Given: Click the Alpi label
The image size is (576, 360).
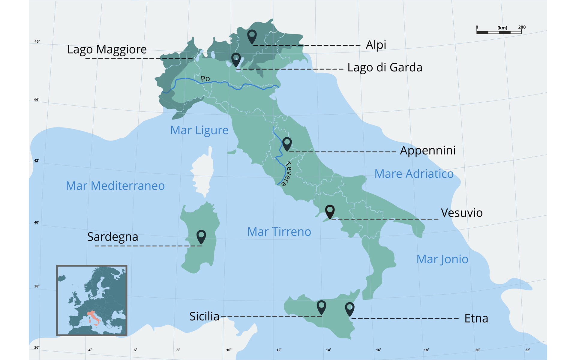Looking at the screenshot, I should pos(376,45).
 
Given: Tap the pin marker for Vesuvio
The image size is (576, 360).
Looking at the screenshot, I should pos(330,211).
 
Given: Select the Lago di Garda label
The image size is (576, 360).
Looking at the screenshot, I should pos(385,68).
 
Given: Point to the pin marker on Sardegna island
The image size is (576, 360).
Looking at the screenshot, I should pos(201,236).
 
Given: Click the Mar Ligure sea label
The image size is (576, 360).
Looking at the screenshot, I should pos(199,130).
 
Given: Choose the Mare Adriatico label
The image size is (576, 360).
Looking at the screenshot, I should pos(414,174).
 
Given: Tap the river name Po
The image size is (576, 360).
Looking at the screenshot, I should pos(205,79).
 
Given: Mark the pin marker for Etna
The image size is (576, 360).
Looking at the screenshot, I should pos(349,308).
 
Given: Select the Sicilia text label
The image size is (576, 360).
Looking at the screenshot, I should pos(204,316).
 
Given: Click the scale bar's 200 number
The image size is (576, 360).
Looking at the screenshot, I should pos(522,27).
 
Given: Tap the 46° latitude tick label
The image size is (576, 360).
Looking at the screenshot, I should pos(37,41).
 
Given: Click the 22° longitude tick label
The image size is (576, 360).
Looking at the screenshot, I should pos(528,350).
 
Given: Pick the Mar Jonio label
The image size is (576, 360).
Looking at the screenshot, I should pos(442,259).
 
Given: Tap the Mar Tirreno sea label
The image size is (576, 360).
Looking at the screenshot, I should pos(279,232).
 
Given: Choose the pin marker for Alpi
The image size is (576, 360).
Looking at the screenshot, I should pos(252,36).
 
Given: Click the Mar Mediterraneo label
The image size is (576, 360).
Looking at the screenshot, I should pos(115,186).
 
